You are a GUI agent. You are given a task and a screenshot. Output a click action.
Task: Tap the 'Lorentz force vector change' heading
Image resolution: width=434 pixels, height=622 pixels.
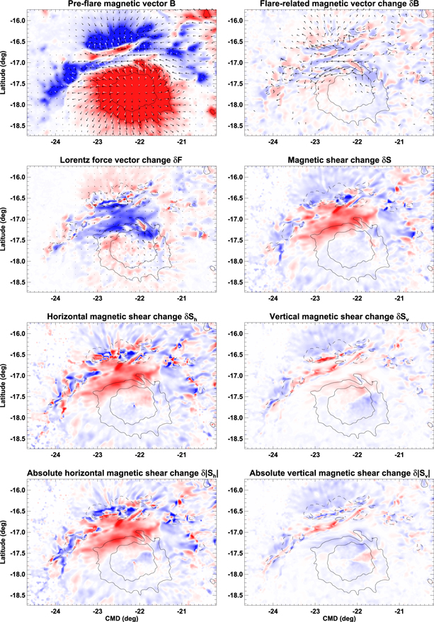123,161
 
